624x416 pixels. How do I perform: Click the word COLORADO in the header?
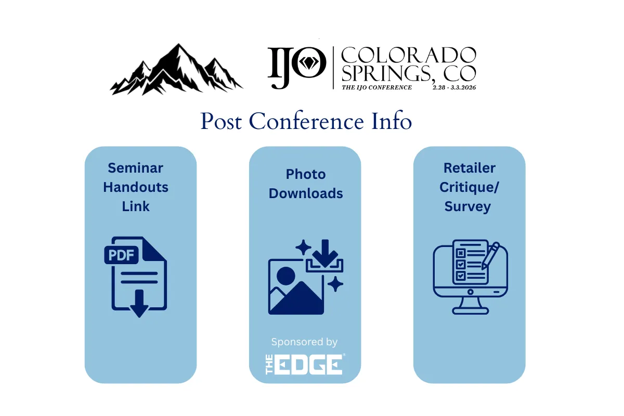pos(408,54)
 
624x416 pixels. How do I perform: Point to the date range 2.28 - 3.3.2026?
pos(454,87)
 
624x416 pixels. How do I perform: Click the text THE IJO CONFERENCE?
pos(376,87)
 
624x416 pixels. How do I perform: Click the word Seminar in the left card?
pos(135,168)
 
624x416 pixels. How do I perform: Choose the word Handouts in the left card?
pos(136,187)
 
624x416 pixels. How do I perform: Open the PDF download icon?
pos(136,276)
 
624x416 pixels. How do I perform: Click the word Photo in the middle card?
pos(305,174)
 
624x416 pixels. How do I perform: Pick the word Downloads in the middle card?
pos(306,193)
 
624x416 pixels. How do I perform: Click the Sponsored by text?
pos(304,342)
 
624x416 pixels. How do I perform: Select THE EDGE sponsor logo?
pos(305,363)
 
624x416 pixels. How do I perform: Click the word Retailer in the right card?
pos(470,168)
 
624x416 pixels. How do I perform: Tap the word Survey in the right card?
pos(467,206)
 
